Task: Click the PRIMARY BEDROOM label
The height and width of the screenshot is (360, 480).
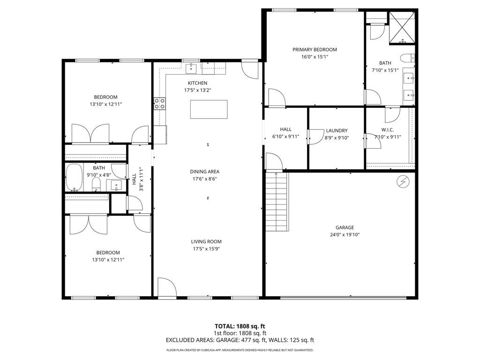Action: click(315, 50)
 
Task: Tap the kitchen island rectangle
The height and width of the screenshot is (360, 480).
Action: click(209, 109)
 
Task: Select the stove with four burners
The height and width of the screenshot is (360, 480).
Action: click(159, 103)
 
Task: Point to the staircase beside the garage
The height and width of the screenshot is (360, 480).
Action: click(276, 202)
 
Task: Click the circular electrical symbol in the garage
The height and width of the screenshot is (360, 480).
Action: click(403, 180)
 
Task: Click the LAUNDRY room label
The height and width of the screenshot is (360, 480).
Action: click(337, 130)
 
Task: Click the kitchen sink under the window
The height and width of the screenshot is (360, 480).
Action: click(191, 68)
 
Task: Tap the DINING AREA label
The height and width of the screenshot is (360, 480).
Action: click(204, 172)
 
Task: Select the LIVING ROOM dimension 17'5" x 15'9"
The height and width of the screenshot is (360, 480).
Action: click(206, 249)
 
